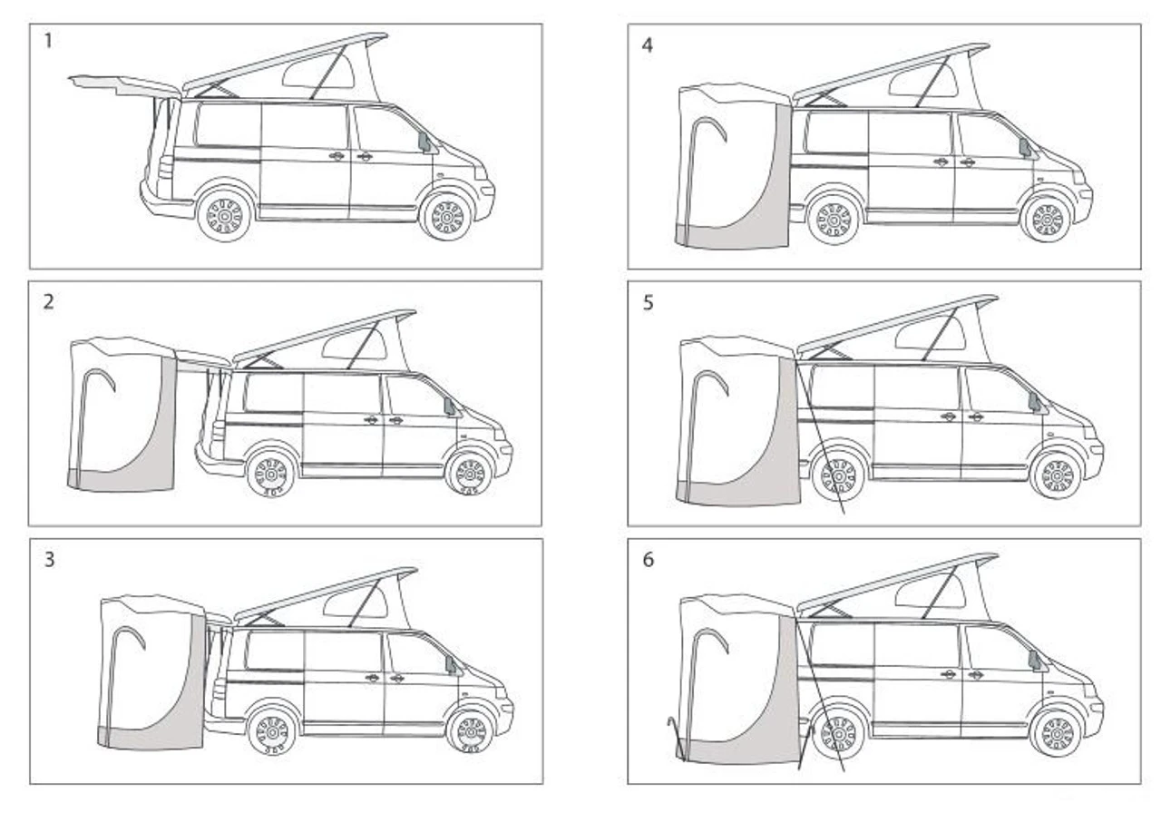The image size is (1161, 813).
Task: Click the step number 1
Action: click(x=48, y=41)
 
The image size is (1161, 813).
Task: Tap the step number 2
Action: click(x=49, y=302)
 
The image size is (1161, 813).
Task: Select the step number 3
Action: click(x=49, y=560)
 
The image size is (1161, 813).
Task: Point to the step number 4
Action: click(x=648, y=45)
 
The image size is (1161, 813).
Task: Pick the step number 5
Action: click(x=648, y=303)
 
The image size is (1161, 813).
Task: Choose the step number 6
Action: click(x=648, y=560)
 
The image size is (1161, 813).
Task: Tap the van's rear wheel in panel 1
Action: click(x=225, y=215)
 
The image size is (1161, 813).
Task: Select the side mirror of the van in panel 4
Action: click(x=1025, y=148)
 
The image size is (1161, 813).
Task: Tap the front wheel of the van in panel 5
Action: click(x=1057, y=474)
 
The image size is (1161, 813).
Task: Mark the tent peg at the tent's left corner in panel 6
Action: click(x=677, y=739)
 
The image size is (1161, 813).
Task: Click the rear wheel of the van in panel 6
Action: click(x=837, y=735)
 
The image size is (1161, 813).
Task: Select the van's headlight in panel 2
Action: click(x=500, y=435)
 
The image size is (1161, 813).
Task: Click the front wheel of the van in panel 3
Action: click(x=471, y=732)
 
